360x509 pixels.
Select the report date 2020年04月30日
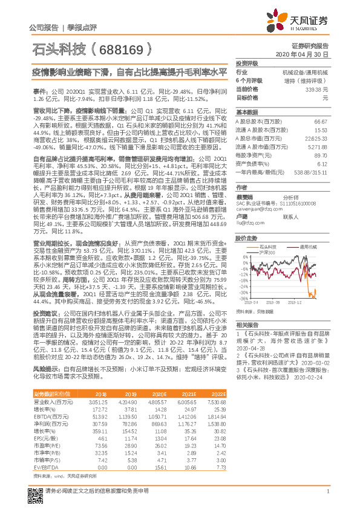(309, 54)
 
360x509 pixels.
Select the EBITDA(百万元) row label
(50, 400)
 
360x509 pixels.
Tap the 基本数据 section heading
(246, 112)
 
